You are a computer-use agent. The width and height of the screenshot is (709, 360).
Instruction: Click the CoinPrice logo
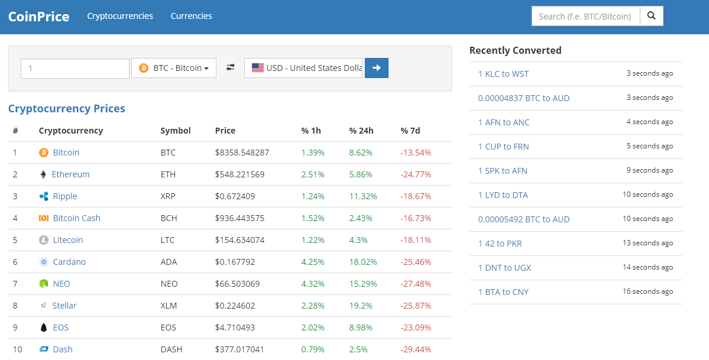[x=38, y=17]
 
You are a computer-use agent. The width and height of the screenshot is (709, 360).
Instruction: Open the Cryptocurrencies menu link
[x=120, y=16]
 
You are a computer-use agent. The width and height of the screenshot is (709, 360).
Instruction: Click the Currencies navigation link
[x=191, y=16]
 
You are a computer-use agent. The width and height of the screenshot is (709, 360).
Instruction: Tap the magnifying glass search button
[x=652, y=16]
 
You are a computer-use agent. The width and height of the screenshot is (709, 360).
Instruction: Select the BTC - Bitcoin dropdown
[x=174, y=68]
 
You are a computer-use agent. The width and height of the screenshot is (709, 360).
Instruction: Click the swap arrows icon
[x=231, y=68]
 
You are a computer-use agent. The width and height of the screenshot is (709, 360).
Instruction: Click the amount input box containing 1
[x=75, y=69]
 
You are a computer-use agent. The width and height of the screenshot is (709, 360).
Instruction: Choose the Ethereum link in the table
[x=70, y=174]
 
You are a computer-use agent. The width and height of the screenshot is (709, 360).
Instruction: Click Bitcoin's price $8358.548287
[x=242, y=153]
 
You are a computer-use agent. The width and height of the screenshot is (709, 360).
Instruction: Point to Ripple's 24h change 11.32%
[x=362, y=196]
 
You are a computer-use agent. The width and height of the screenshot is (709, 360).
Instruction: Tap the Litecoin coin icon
[x=43, y=240]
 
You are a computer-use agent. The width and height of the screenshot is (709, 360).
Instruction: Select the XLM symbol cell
[x=169, y=306]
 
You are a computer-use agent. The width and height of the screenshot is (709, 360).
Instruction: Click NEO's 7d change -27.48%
[x=416, y=284]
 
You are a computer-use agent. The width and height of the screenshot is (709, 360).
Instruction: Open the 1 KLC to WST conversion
[x=503, y=74]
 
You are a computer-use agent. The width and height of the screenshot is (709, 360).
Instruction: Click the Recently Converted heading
[x=515, y=50]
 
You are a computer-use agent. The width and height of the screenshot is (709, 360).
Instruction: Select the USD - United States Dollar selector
[x=303, y=68]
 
